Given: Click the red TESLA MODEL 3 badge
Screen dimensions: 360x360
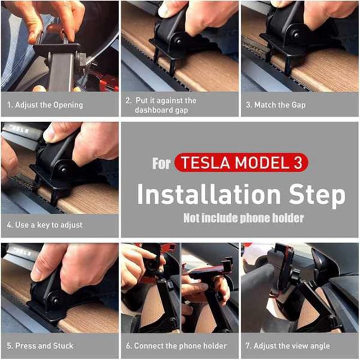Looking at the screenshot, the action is [x=241, y=162].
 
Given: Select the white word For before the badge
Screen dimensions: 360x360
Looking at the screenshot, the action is [x=162, y=163].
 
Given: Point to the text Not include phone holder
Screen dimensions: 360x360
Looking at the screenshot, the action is [x=243, y=218].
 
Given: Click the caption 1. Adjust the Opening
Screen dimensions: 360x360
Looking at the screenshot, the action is [x=45, y=105].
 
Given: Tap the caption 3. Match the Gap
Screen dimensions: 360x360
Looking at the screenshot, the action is [x=275, y=105].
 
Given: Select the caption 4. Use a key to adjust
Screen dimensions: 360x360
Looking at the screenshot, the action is [x=45, y=225].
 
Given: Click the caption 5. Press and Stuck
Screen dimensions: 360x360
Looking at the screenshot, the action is [x=40, y=346].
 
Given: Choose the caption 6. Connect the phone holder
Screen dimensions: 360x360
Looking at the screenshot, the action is [x=176, y=346].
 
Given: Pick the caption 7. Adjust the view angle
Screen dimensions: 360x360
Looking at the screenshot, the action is [x=288, y=346].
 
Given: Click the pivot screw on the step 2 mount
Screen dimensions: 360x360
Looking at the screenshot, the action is [x=178, y=41].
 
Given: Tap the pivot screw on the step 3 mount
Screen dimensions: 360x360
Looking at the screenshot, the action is [x=297, y=35].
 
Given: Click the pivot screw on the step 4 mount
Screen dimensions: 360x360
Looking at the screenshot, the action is [x=63, y=170].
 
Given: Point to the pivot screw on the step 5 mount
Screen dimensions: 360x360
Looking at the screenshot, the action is [x=55, y=300].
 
